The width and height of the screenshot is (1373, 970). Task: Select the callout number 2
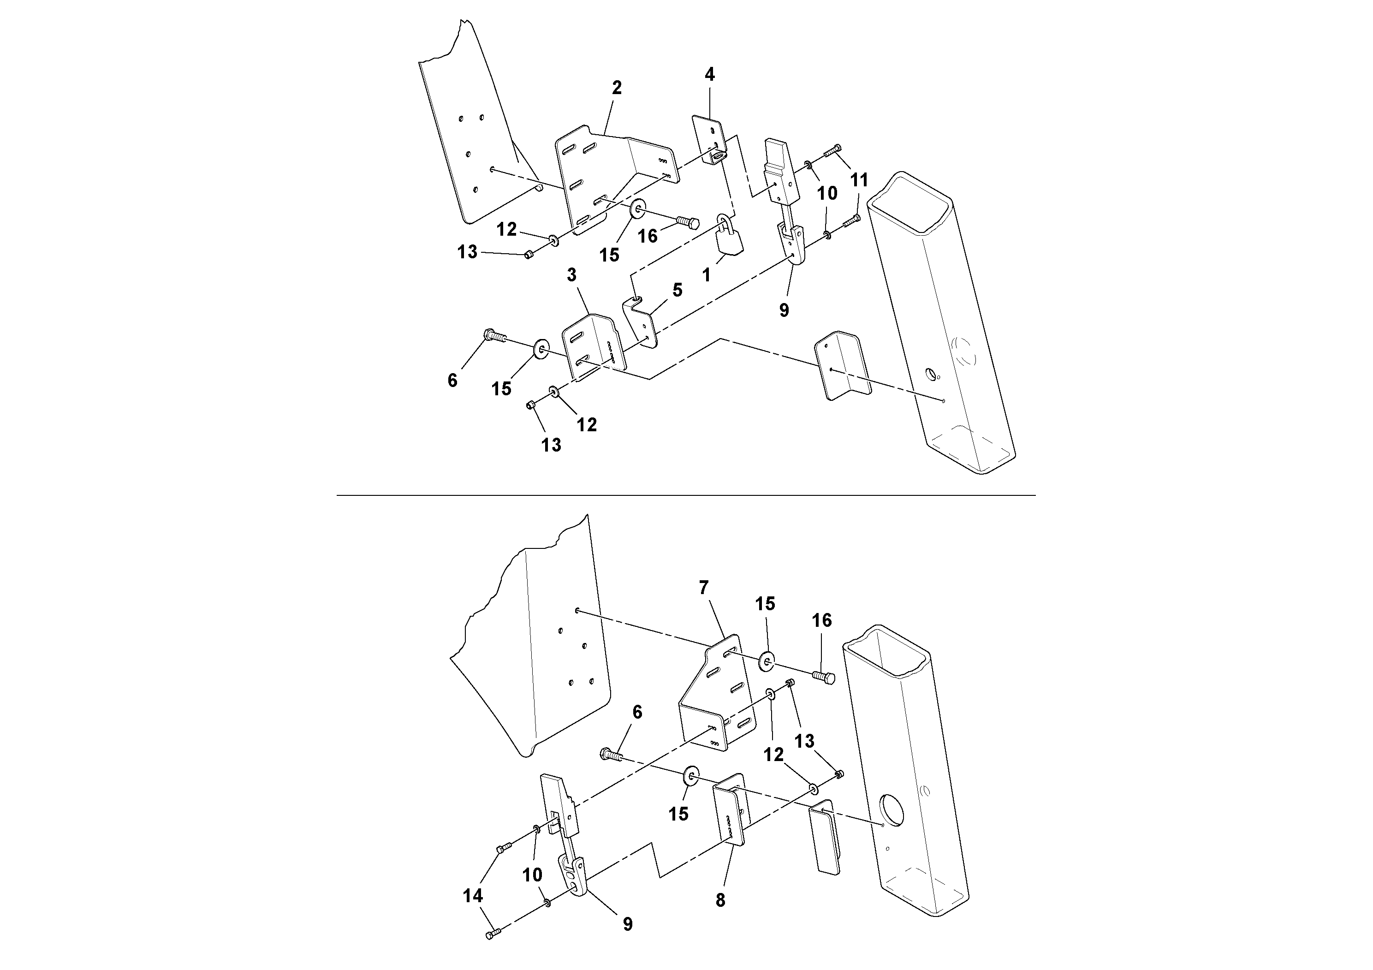pyautogui.click(x=617, y=89)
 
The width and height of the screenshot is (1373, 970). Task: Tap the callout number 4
pyautogui.click(x=710, y=75)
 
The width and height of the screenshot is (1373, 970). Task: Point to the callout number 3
pyautogui.click(x=572, y=275)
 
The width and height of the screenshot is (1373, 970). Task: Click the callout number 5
pyautogui.click(x=677, y=291)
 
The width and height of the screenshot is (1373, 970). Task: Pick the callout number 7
pyautogui.click(x=703, y=589)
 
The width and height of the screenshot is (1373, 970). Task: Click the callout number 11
pyautogui.click(x=859, y=180)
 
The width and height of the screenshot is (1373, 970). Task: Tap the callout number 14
pyautogui.click(x=472, y=896)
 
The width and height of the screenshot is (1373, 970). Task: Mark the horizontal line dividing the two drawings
pyautogui.click(x=686, y=495)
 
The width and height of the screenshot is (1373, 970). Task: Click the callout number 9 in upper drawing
pyautogui.click(x=784, y=310)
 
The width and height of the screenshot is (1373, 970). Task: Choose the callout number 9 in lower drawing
pyautogui.click(x=627, y=924)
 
